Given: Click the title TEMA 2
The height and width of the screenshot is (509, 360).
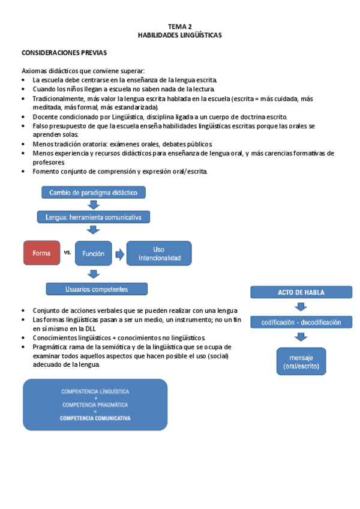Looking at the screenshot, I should tap(180, 26).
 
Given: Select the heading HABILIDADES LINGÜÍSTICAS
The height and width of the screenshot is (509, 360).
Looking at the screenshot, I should tap(180, 35).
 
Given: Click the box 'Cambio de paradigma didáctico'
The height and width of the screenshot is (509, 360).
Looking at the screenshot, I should tap(93, 193).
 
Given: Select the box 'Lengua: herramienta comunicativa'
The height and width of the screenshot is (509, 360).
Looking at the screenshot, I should tap(93, 217).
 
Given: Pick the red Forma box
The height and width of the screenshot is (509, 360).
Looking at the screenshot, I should tap(41, 253).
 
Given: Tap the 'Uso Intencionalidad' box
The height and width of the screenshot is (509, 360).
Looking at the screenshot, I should tap(158, 253).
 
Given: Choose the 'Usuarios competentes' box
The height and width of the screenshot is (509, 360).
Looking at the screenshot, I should tap(97, 289).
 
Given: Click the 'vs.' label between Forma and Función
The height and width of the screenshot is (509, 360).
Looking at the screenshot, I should tap(67, 253).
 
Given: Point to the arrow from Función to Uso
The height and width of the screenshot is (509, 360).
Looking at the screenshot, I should tap(120, 254).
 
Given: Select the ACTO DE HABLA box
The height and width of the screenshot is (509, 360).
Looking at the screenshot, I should tap(301, 292).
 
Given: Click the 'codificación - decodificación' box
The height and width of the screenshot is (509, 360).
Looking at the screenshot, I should tap(301, 322).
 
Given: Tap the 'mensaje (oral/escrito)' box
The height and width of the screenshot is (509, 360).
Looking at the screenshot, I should tap(301, 361).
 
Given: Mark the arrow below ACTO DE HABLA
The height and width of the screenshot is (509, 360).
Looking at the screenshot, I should tap(301, 307).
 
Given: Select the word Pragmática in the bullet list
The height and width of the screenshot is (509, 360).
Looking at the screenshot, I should tap(49, 347).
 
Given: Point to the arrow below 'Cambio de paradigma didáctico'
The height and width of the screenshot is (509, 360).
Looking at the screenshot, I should tap(93, 205).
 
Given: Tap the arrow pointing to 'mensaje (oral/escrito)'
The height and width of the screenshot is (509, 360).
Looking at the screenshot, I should tap(301, 338).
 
